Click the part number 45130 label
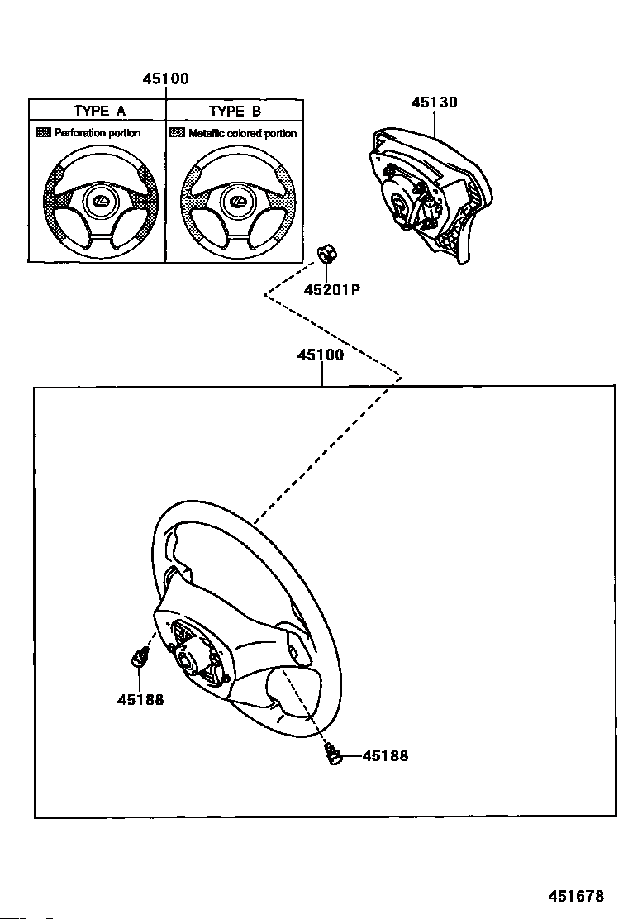[434, 102]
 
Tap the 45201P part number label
[331, 289]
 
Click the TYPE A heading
[99, 111]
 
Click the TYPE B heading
[235, 111]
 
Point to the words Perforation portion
[98, 132]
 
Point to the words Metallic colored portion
[242, 133]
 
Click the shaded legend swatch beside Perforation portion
[44, 132]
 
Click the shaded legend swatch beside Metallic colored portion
[177, 132]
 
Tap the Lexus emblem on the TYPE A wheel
[99, 201]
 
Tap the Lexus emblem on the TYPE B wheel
[236, 201]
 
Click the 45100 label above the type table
[165, 79]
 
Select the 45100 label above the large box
[321, 355]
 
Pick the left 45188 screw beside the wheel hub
[140, 659]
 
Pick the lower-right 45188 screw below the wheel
[334, 755]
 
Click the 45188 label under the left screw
[140, 699]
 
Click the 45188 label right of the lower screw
[385, 755]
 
